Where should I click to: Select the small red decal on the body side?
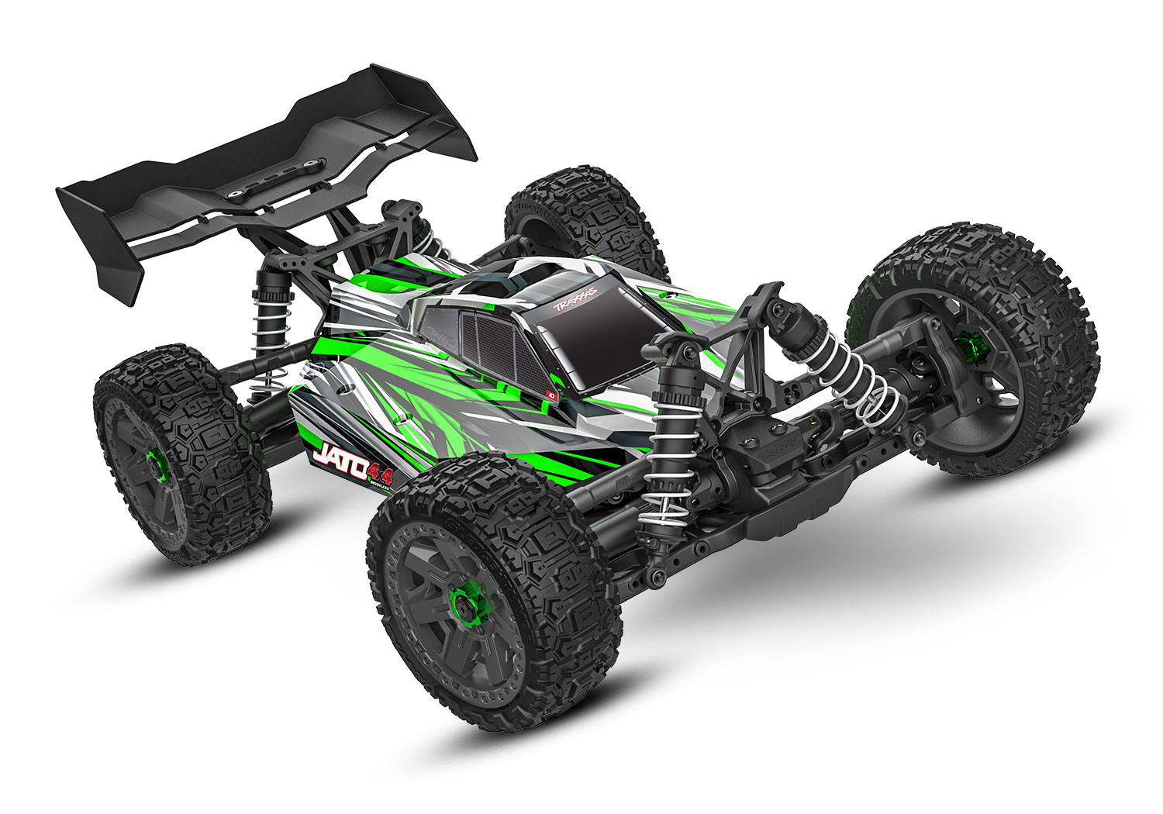[x=552, y=393]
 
